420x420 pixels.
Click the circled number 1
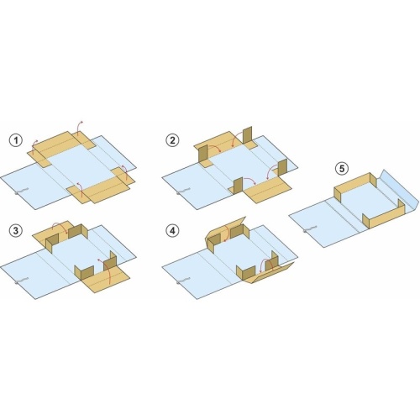16,140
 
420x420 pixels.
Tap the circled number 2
172,140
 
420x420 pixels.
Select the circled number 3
16,231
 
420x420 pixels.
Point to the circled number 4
172,231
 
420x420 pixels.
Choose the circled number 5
342,169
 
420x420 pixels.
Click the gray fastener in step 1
21,191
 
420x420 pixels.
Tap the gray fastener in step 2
183,191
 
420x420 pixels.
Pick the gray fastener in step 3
21,281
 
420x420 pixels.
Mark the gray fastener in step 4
183,281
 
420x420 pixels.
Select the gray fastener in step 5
310,229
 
